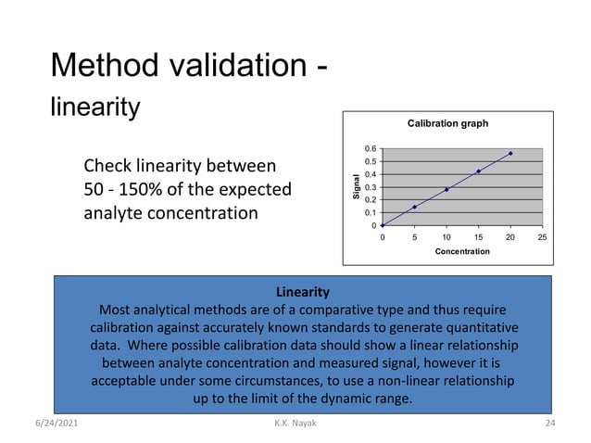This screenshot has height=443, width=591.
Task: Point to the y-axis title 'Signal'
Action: point(354,188)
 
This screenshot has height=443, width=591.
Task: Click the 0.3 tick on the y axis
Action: point(370,187)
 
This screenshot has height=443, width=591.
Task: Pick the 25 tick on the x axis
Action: point(542,237)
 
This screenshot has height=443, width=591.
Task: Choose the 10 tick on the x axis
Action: point(446,237)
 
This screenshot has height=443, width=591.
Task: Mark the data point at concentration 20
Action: point(510,153)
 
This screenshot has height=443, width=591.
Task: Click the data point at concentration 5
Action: point(414,207)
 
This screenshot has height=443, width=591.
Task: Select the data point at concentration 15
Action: point(478,171)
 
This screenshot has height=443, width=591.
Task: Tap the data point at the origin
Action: point(383,225)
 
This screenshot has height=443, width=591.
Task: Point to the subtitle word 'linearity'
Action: point(94,108)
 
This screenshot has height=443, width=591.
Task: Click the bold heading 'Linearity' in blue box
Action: point(303,293)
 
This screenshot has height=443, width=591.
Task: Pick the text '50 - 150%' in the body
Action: point(120,190)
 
